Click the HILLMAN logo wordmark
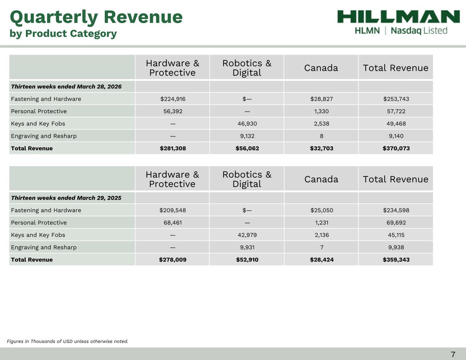click(398, 17)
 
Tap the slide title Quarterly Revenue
click(96, 17)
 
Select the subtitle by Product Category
click(63, 33)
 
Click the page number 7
click(453, 354)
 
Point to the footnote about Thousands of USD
click(68, 341)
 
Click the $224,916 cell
click(173, 99)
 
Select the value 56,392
click(173, 111)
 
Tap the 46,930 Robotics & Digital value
click(247, 124)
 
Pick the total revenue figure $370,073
click(396, 148)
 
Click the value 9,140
click(396, 136)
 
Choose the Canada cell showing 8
click(322, 136)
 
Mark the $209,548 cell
click(173, 210)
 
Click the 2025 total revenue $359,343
click(396, 260)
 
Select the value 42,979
click(247, 235)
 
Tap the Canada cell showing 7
click(322, 247)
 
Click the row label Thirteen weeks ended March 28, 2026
click(66, 87)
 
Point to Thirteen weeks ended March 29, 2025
click(66, 198)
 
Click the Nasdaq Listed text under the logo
click(419, 31)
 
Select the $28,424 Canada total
click(322, 260)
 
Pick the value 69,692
click(396, 222)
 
